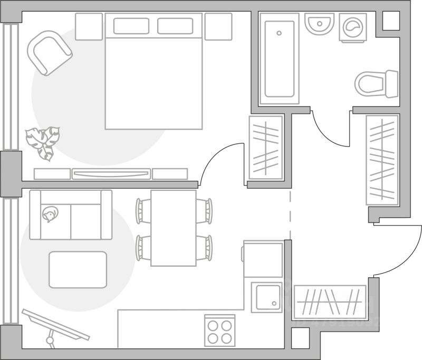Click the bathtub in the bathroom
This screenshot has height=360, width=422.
coord(279,59)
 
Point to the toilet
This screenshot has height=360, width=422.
coord(376,84)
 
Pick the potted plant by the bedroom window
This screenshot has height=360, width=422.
coord(43,141)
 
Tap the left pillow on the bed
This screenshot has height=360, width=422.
coord(131,26)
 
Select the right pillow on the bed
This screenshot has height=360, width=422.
coord(175,26)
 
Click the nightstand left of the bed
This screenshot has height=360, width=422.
coord(89,26)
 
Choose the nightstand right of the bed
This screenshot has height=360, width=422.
coord(218,26)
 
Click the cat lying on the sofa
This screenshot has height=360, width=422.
coord(50,214)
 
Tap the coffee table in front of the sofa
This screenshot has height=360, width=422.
coord(78,269)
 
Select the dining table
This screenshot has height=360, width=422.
coord(174,228)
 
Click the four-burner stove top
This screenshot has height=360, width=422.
coord(219,330)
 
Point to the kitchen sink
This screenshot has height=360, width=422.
coord(266,297)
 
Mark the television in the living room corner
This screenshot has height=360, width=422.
coord(55,325)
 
